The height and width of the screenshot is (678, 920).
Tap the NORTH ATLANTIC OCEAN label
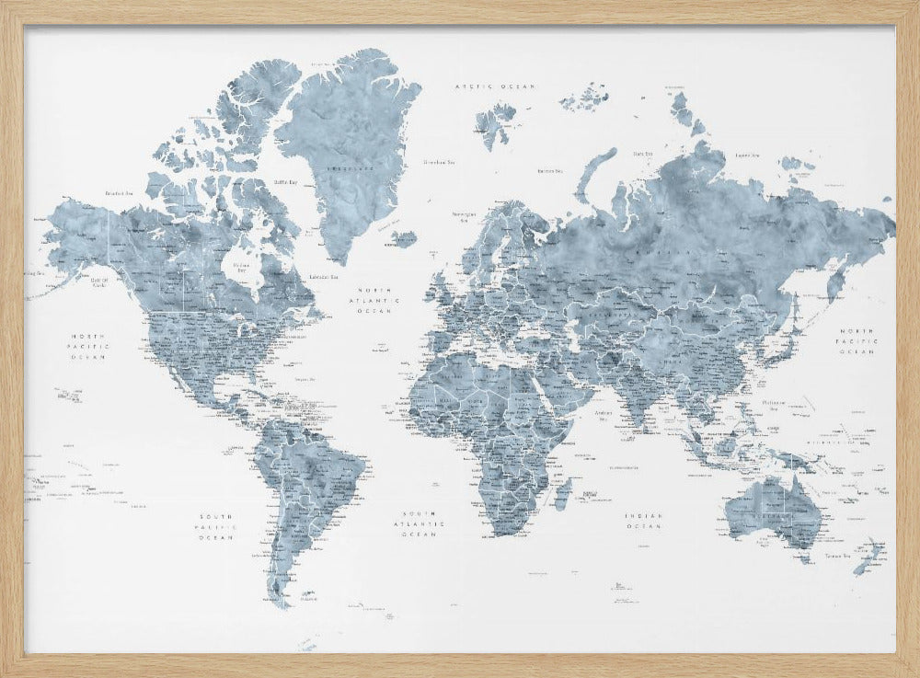(379, 300)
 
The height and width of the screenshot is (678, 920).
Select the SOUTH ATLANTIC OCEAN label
(422, 523)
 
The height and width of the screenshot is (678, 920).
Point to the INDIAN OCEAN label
(643, 521)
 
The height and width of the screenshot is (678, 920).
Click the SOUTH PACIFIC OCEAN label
(213, 526)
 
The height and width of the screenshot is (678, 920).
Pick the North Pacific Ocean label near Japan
(859, 340)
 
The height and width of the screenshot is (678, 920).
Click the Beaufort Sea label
(121, 193)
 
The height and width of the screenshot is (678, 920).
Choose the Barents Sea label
(550, 170)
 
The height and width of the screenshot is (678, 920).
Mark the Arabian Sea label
(604, 413)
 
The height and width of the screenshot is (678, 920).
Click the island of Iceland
(404, 239)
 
